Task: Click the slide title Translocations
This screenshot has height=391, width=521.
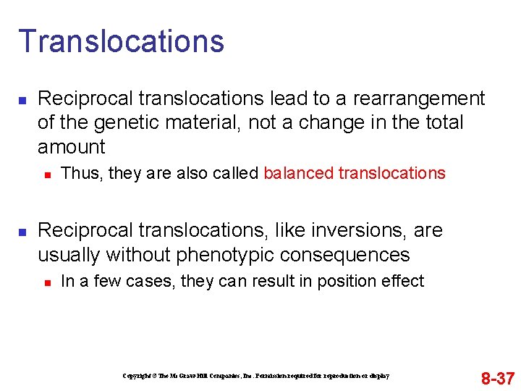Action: [x=121, y=41]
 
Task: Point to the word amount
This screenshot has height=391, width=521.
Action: [x=72, y=147]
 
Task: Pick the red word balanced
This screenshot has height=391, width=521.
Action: [x=295, y=173]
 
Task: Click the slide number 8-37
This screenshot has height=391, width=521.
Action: [x=498, y=378]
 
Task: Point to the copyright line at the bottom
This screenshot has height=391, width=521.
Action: [x=256, y=376]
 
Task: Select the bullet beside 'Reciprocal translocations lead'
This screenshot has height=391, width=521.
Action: [x=22, y=98]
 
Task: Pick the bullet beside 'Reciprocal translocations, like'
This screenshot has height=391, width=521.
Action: [x=22, y=231]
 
